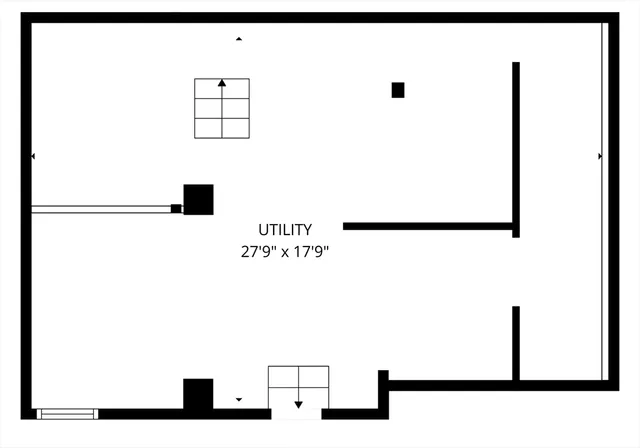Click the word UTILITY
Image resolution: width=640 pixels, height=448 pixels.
click(x=285, y=230)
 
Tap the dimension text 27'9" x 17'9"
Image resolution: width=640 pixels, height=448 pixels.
click(x=285, y=252)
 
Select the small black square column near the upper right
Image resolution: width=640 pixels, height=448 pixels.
click(x=398, y=90)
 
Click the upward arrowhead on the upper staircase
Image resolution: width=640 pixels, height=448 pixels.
click(x=222, y=83)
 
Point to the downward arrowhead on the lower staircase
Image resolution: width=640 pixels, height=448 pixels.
click(x=298, y=405)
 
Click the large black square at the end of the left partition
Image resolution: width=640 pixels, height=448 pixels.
click(x=198, y=200)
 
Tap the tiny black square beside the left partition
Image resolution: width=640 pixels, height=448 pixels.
click(x=176, y=208)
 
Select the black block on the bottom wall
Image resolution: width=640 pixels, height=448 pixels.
click(x=198, y=394)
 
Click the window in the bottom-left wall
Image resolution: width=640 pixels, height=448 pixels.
click(x=67, y=414)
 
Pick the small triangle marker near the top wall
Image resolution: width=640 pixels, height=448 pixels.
click(x=239, y=39)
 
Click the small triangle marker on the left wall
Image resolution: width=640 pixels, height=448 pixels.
click(x=33, y=156)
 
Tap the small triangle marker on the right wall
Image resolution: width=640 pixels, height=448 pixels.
click(x=600, y=156)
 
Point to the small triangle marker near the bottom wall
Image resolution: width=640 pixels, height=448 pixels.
click(x=239, y=399)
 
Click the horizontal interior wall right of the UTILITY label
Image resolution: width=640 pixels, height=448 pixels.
click(x=428, y=226)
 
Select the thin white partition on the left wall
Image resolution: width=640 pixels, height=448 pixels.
click(x=101, y=209)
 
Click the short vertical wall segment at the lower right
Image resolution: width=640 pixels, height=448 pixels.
click(x=516, y=343)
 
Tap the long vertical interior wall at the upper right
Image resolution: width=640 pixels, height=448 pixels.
click(x=516, y=150)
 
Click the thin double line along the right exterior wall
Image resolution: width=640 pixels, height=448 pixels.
click(x=605, y=201)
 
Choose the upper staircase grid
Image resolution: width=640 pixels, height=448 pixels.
click(x=222, y=109)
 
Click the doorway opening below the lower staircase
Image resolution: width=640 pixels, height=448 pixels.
click(x=296, y=414)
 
